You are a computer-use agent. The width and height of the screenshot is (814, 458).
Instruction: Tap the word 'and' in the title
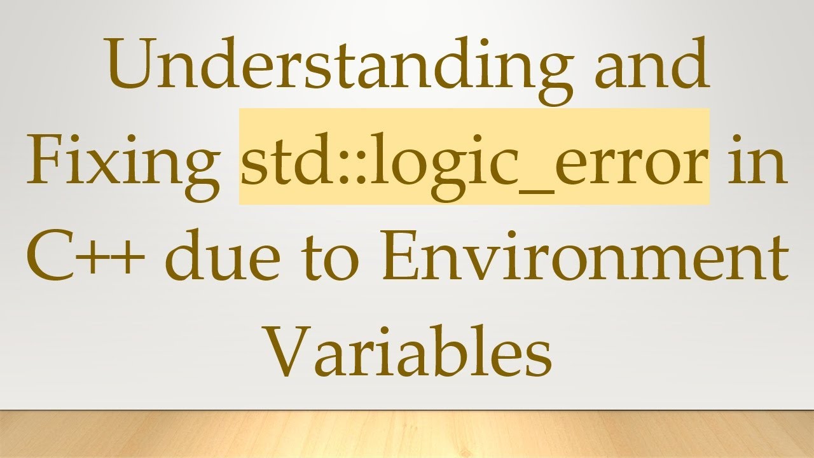(x=651, y=64)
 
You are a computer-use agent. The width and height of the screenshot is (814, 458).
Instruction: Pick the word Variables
(x=407, y=353)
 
